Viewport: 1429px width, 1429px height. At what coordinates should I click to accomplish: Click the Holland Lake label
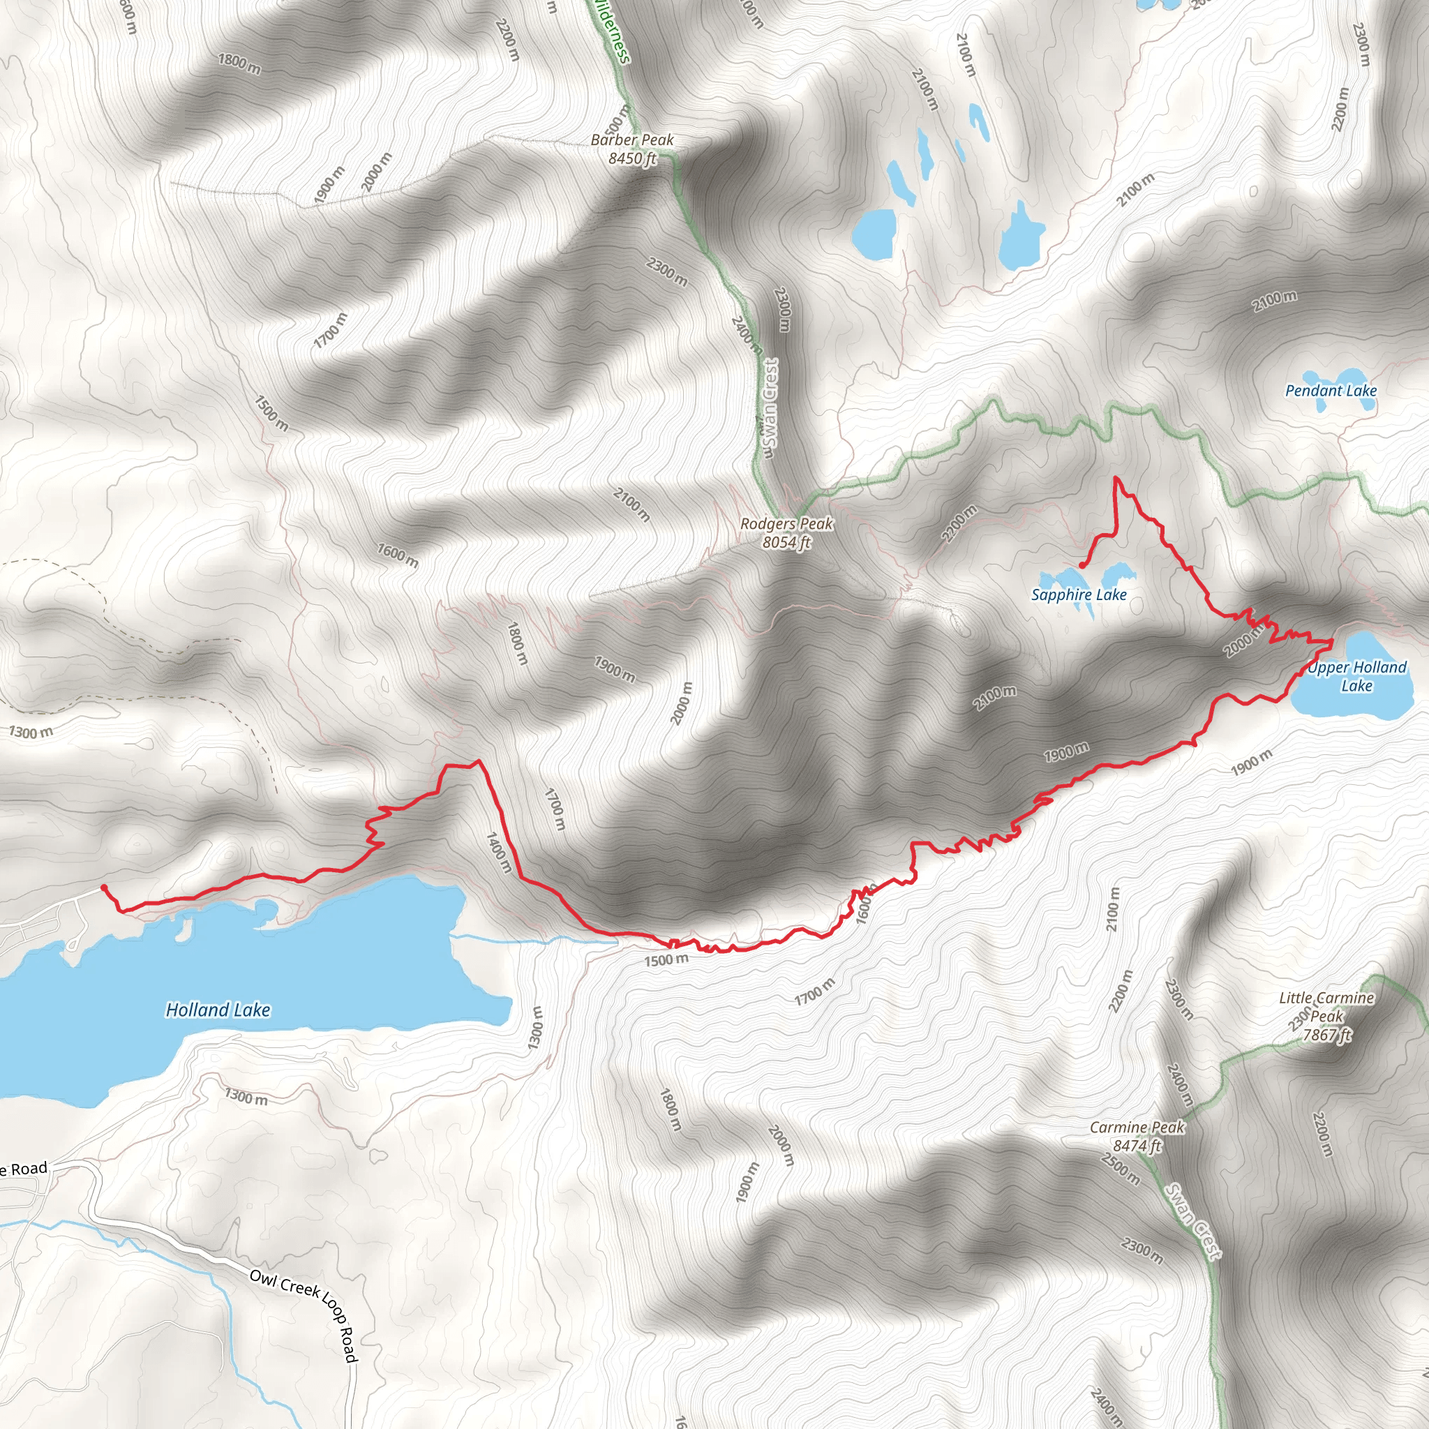pos(218,1010)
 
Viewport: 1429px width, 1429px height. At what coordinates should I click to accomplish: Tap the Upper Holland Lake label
pos(1356,676)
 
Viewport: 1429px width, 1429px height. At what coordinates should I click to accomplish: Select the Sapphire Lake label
pos(1079,594)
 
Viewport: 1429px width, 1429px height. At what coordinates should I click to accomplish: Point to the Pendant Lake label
pos(1331,391)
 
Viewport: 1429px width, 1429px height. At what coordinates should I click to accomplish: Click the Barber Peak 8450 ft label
pos(632,149)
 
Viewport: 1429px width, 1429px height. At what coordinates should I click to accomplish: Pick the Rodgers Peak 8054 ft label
pos(786,532)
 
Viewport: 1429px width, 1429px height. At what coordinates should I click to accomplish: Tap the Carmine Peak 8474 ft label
pos(1137,1136)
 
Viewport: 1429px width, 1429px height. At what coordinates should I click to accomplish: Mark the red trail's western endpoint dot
pos(103,887)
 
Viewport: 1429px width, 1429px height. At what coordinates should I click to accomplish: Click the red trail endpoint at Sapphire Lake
pos(1082,565)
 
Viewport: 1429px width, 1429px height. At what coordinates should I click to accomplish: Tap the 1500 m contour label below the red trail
pos(666,960)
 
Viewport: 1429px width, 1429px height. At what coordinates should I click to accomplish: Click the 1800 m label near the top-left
pos(239,63)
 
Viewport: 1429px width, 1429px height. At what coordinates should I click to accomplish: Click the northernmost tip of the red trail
pos(1116,479)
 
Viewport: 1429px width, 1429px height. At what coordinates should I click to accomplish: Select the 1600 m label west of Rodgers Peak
pos(397,555)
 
